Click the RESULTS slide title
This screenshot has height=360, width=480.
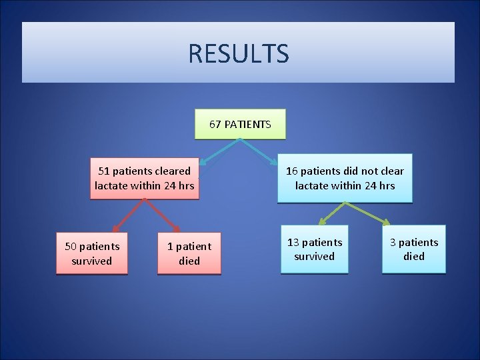pyautogui.click(x=238, y=53)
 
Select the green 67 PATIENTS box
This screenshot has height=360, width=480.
pyautogui.click(x=239, y=124)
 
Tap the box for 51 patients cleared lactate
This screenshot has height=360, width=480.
pyautogui.click(x=145, y=178)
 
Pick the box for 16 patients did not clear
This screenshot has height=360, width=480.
pyautogui.click(x=345, y=178)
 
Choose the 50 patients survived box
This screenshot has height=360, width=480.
pyautogui.click(x=92, y=253)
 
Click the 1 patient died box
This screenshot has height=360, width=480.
pyautogui.click(x=189, y=253)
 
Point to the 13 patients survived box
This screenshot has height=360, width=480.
pyautogui.click(x=314, y=249)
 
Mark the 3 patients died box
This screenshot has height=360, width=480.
pyautogui.click(x=413, y=249)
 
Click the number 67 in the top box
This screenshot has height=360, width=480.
pyautogui.click(x=215, y=125)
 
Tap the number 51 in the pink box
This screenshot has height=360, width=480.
pyautogui.click(x=105, y=171)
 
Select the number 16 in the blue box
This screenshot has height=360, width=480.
pyautogui.click(x=292, y=171)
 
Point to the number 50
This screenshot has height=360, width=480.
pyautogui.click(x=71, y=247)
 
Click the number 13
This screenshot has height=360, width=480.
pyautogui.click(x=293, y=242)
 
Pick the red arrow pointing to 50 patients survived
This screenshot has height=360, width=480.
pyautogui.click(x=127, y=216)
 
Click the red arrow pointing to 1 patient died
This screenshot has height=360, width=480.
pyautogui.click(x=163, y=216)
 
